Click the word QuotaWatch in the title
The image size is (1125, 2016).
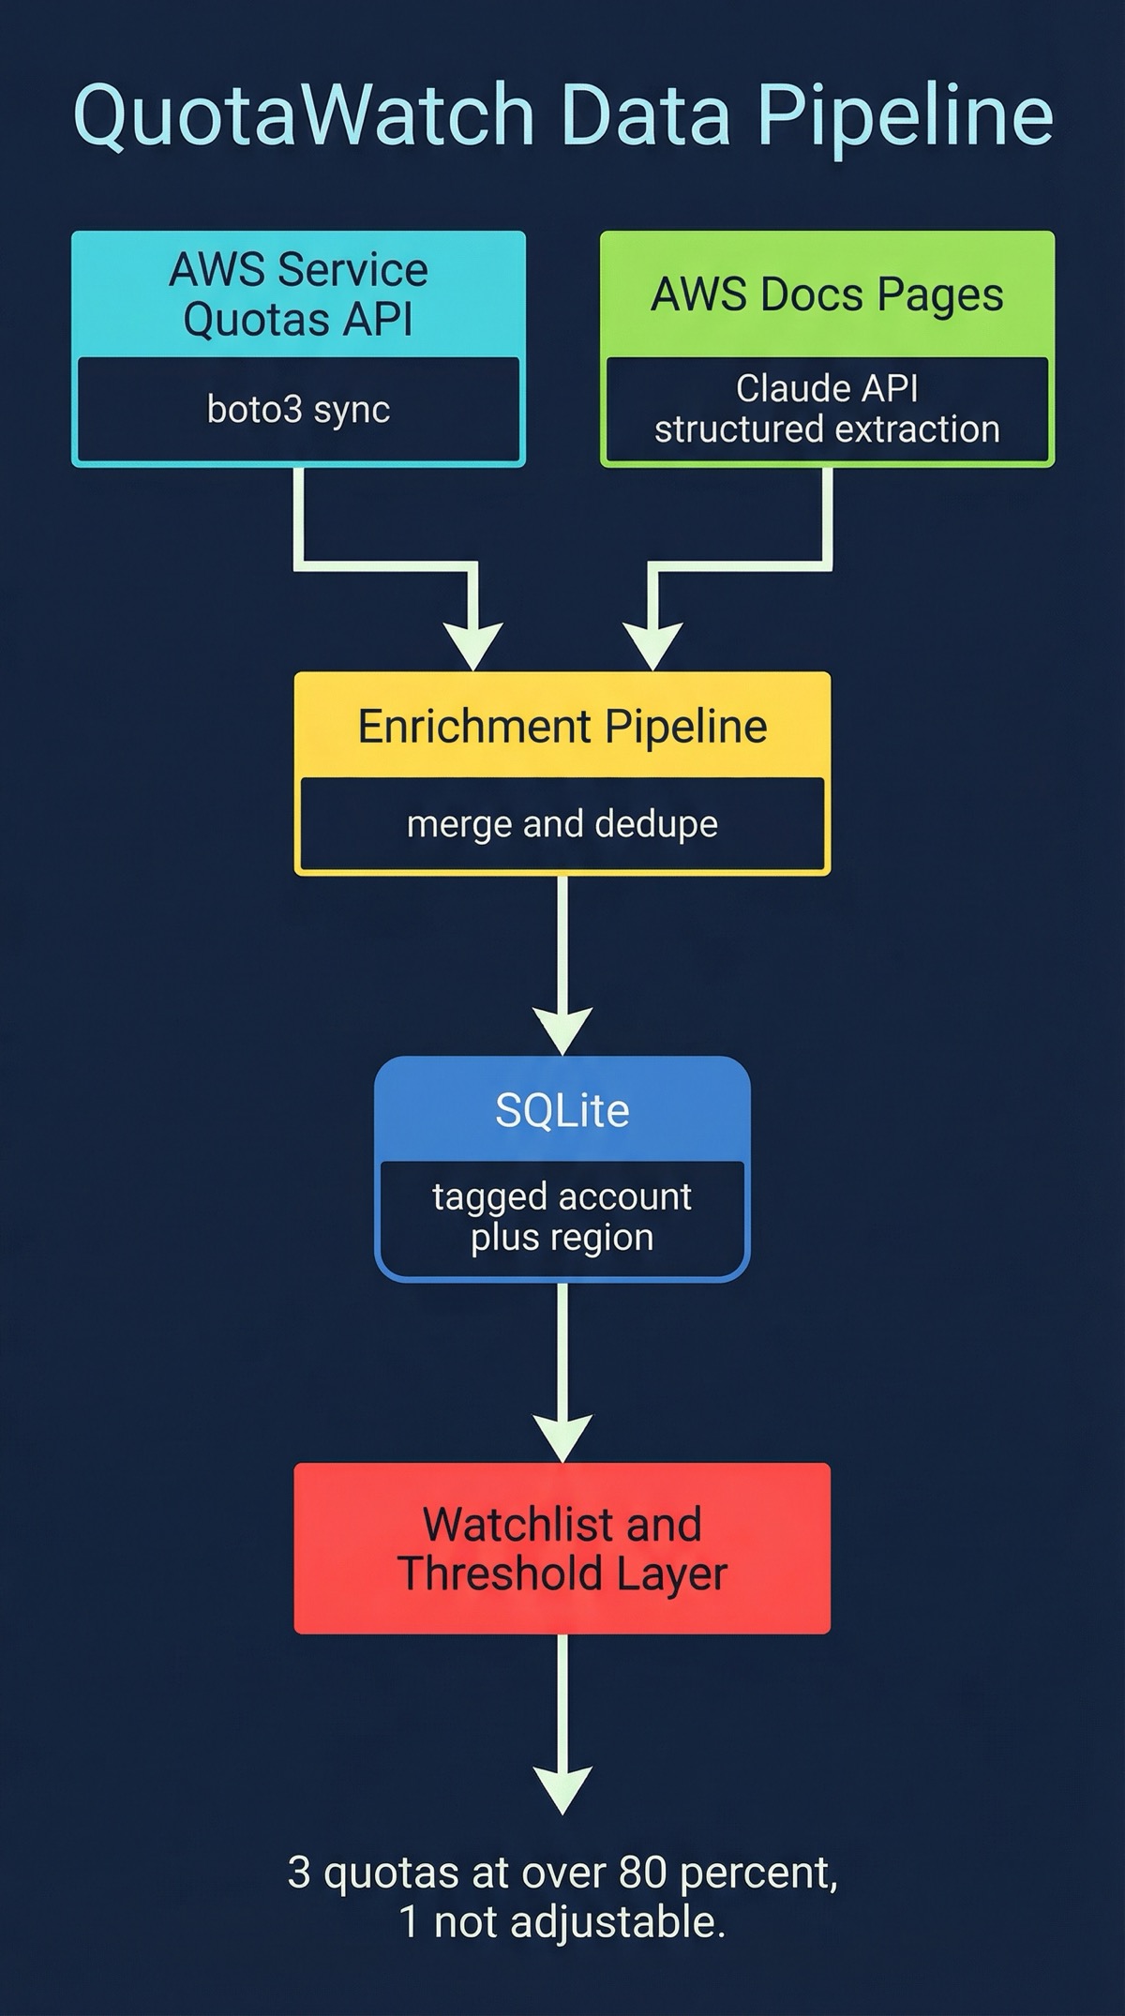tap(303, 114)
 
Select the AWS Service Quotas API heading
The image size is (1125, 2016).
tap(298, 294)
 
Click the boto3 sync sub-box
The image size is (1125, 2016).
tap(298, 410)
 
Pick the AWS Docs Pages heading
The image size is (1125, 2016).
tap(827, 294)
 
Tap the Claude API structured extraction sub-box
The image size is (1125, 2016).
tap(827, 409)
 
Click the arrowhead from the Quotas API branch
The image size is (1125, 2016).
tap(475, 646)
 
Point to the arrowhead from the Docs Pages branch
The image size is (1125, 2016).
tap(652, 646)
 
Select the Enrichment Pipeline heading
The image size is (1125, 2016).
tap(562, 727)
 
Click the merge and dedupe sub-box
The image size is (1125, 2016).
tap(562, 824)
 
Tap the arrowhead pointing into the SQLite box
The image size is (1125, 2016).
tap(562, 1031)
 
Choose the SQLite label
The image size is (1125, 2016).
tap(562, 1110)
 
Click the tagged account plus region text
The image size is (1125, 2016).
tap(562, 1217)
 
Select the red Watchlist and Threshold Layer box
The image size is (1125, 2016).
tap(562, 1548)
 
